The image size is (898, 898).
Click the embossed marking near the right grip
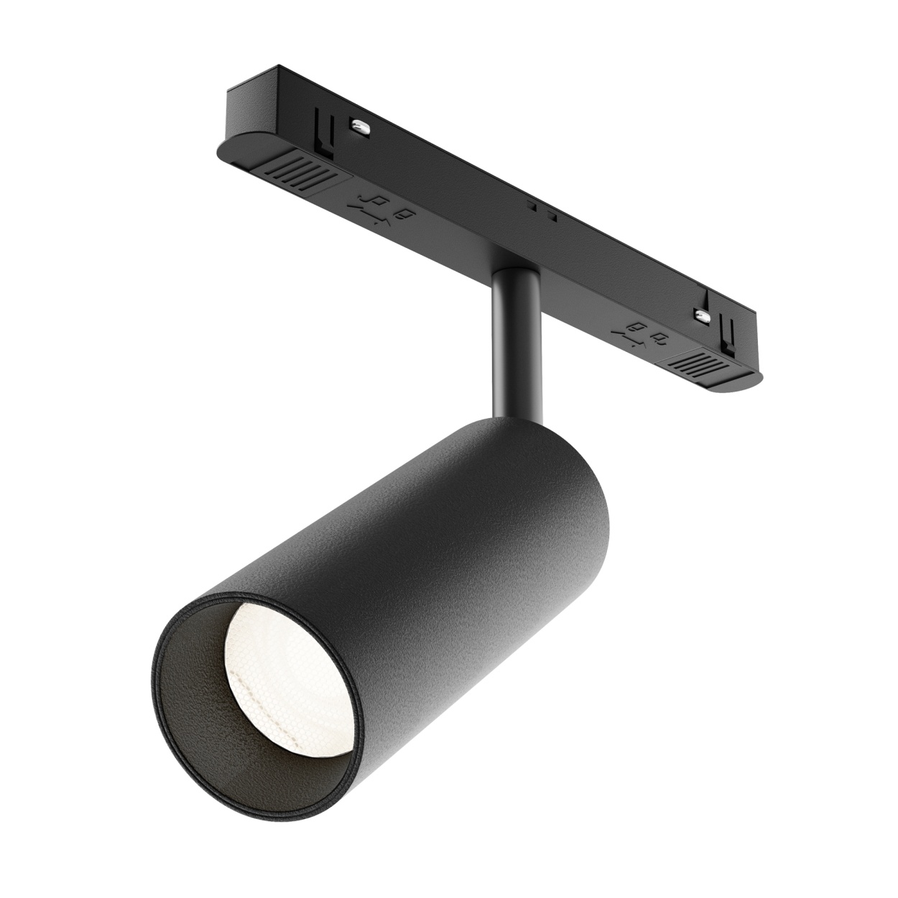[x=639, y=333]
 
